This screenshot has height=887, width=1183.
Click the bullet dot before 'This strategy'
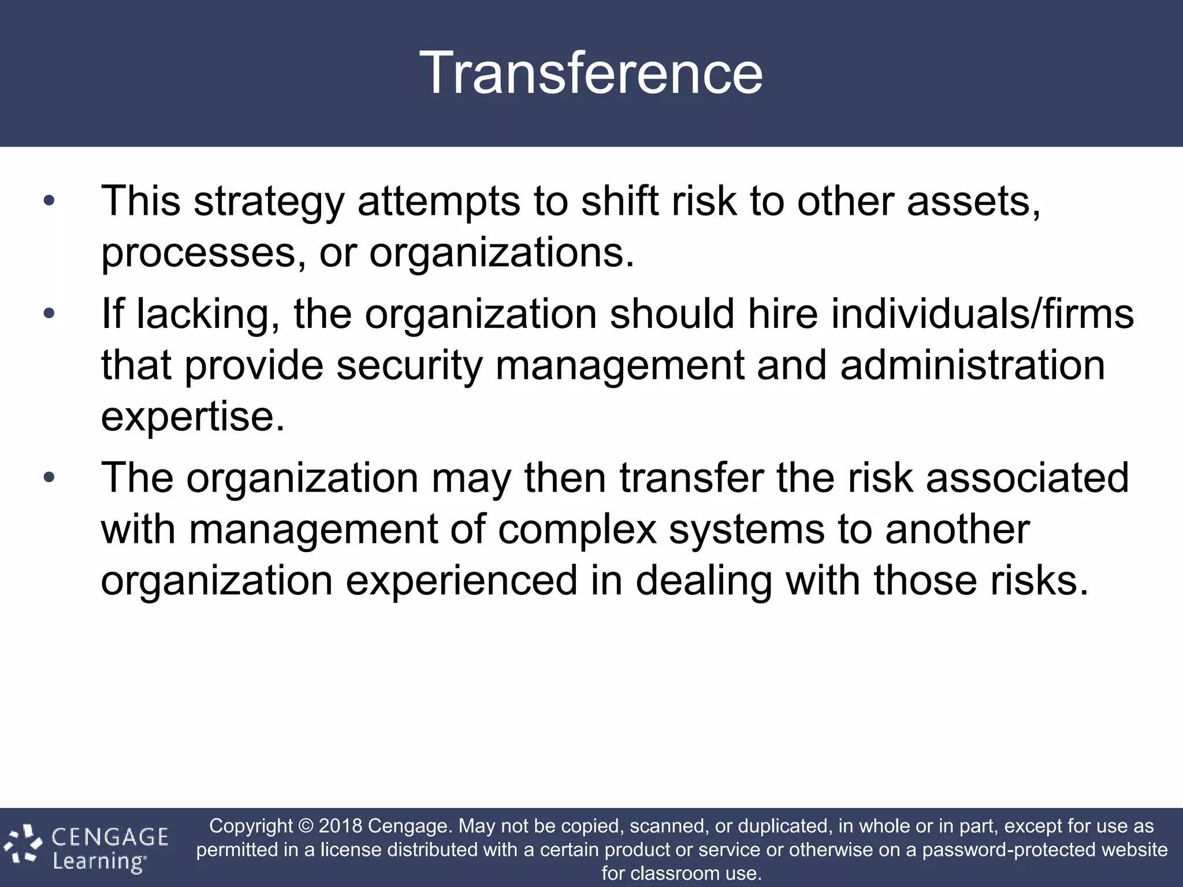coord(49,202)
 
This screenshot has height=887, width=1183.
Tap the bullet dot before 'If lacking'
coord(49,314)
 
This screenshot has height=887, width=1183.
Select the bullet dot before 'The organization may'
coord(49,478)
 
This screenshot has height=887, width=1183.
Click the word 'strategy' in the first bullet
coord(269,203)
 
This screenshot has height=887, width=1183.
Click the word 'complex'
coord(577,530)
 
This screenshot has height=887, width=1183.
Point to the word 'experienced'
coord(461,580)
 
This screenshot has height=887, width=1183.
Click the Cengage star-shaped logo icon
coord(23,845)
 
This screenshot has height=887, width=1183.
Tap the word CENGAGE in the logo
coord(110,837)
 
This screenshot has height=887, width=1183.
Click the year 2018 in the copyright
coord(340,826)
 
